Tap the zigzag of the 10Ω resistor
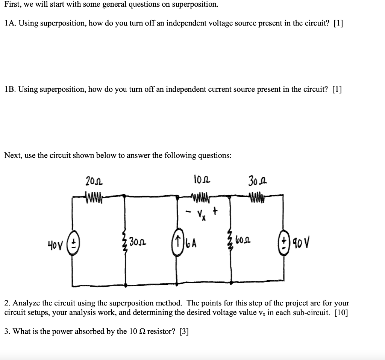[200, 196]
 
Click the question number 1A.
[10, 23]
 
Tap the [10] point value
[341, 313]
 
